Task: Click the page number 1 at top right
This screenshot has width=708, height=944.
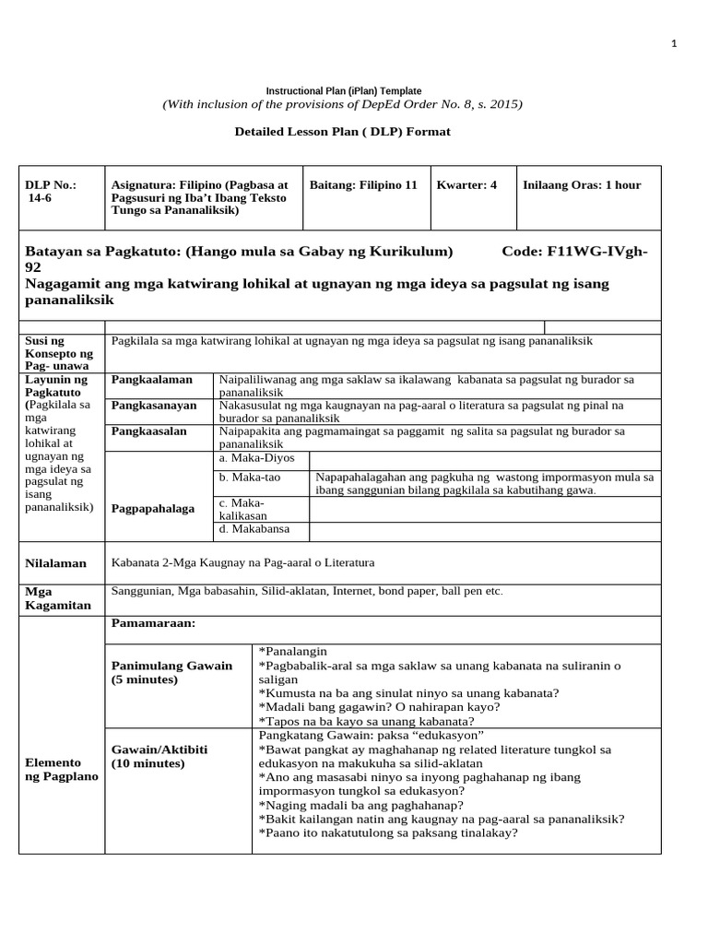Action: pyautogui.click(x=674, y=43)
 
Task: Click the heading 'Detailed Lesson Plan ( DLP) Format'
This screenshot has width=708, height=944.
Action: pyautogui.click(x=343, y=132)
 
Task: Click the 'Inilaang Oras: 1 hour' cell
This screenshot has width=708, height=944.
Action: pyautogui.click(x=581, y=185)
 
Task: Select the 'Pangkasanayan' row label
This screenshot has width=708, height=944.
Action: pyautogui.click(x=154, y=406)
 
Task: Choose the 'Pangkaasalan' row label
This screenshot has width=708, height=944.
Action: pyautogui.click(x=149, y=431)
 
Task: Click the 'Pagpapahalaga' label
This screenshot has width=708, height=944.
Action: pyautogui.click(x=153, y=509)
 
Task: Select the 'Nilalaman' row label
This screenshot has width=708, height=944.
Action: pyautogui.click(x=56, y=563)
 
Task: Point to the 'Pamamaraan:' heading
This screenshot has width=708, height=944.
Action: pyautogui.click(x=153, y=624)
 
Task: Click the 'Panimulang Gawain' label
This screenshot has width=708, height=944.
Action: pyautogui.click(x=171, y=666)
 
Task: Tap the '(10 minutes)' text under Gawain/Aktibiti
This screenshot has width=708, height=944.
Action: pyautogui.click(x=148, y=764)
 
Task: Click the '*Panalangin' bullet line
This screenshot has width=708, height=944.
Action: pyautogui.click(x=293, y=651)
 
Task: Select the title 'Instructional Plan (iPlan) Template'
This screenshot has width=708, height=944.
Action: pyautogui.click(x=344, y=91)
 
